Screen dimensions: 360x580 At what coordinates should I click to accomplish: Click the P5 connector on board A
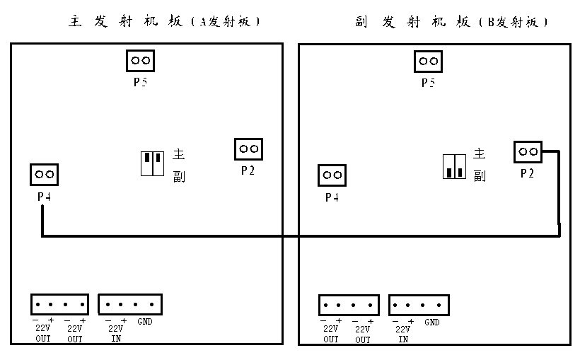(140, 61)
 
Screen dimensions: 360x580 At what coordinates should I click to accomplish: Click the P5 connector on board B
(428, 61)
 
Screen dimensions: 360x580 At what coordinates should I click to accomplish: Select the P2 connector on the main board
(248, 149)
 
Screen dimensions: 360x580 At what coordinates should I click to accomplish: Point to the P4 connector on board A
(44, 174)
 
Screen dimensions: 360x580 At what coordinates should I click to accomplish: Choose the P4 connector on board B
(332, 175)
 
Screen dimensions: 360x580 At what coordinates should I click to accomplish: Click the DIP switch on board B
(454, 167)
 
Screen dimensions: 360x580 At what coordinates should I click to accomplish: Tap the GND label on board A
(146, 323)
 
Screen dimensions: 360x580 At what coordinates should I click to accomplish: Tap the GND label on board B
(433, 323)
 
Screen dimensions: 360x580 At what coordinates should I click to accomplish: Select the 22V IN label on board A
(115, 333)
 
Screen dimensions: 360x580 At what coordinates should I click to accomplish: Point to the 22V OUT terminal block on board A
(59, 305)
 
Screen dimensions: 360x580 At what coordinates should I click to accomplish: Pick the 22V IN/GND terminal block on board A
(129, 305)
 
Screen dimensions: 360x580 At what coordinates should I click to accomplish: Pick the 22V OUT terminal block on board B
(348, 306)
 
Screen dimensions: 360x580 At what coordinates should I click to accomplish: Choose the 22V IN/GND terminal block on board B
(419, 306)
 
